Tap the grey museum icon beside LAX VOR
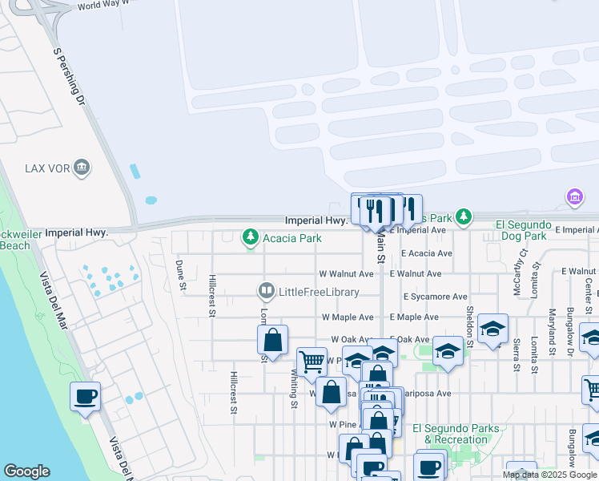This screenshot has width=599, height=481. [82, 168]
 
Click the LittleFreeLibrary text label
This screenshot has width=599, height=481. [316, 291]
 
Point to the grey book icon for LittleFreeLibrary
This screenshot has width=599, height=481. [266, 291]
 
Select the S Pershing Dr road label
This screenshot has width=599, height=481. [69, 77]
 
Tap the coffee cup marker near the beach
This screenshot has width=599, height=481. [86, 397]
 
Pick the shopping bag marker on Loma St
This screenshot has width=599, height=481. [272, 340]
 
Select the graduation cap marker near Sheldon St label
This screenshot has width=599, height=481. [493, 329]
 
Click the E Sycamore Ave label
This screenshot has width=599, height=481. [434, 297]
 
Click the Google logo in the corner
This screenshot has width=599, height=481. [26, 471]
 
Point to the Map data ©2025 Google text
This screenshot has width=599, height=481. [549, 475]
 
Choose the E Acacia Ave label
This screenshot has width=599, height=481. [427, 253]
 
